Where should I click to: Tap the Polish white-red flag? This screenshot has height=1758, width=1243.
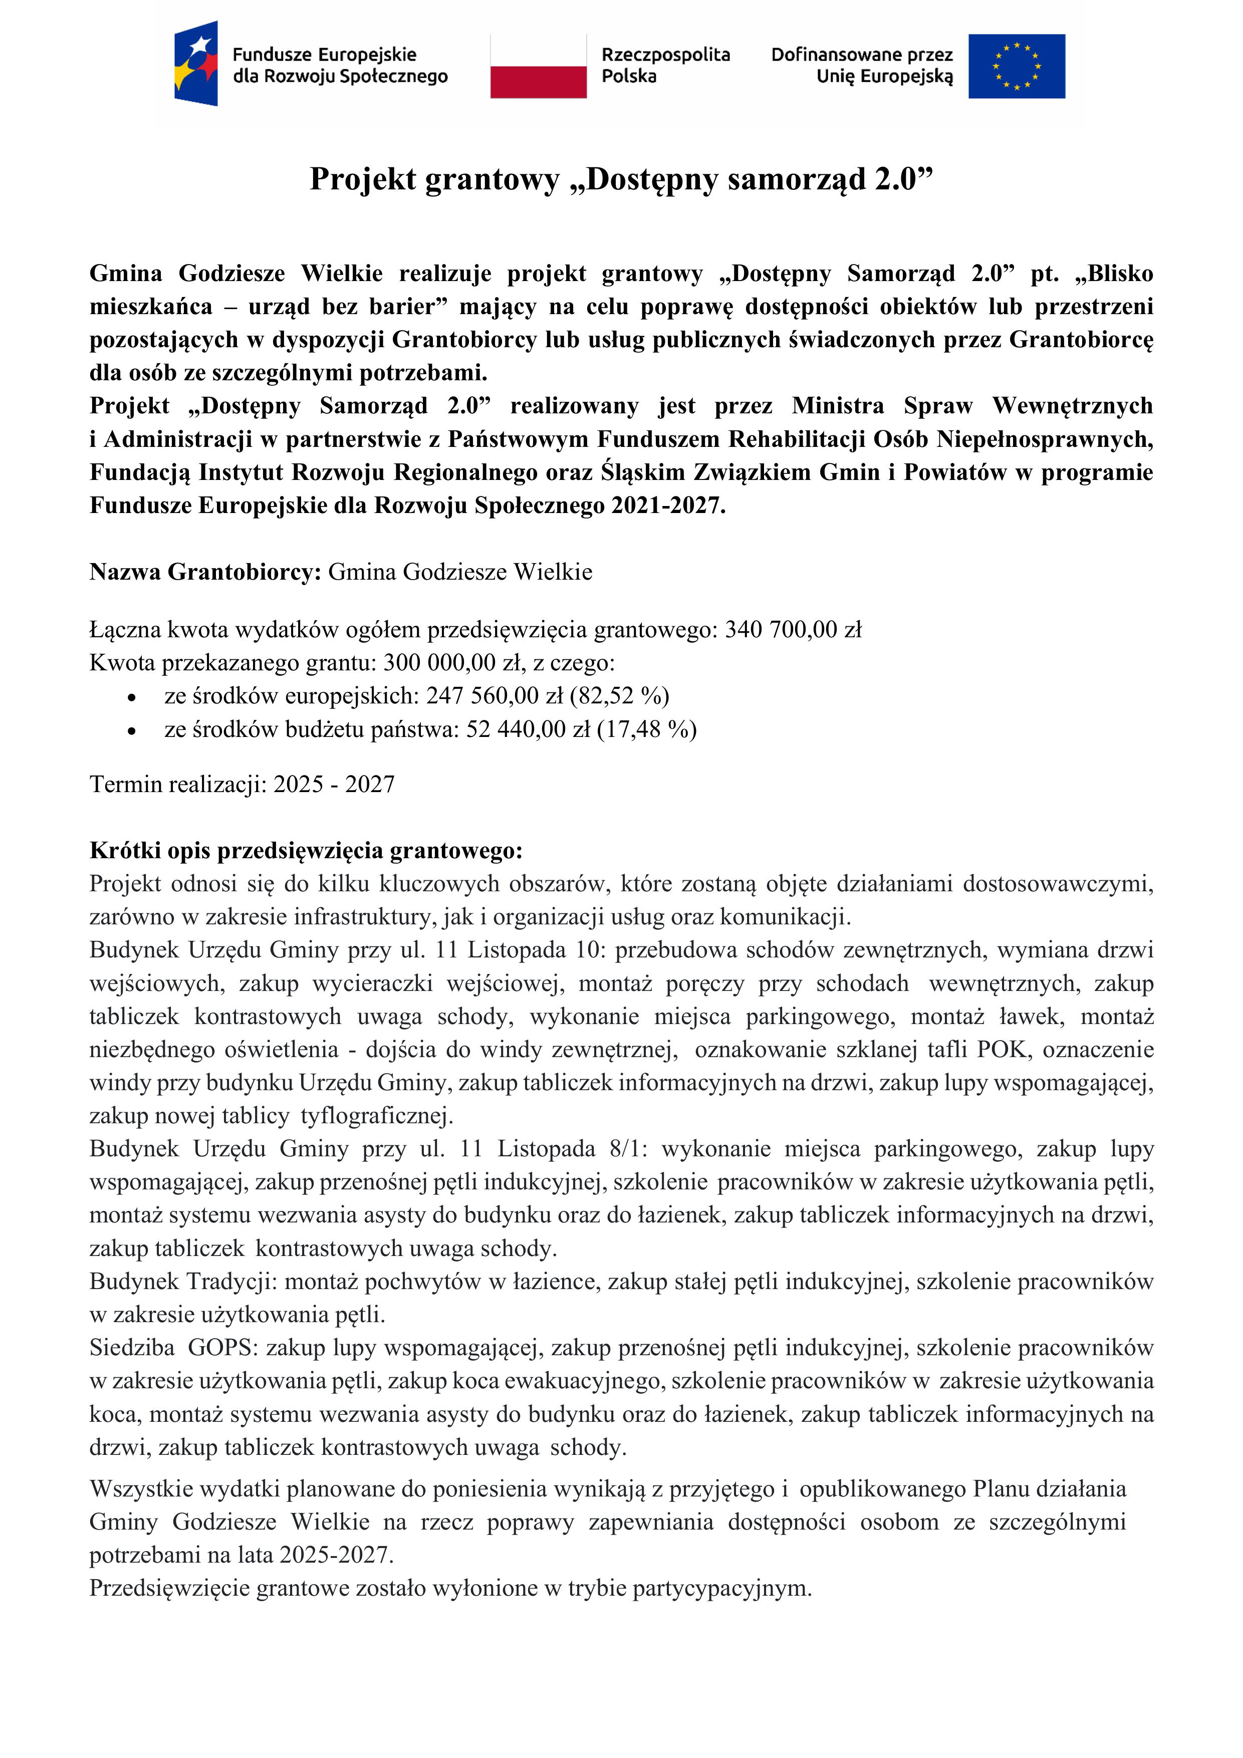[x=539, y=66]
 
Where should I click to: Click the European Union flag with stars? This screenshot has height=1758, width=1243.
[x=1017, y=66]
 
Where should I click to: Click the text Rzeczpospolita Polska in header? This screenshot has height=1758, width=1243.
[x=665, y=65]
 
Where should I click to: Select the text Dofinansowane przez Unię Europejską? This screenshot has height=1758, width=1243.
[x=862, y=65]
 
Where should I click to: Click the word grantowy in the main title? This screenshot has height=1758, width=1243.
[x=491, y=179]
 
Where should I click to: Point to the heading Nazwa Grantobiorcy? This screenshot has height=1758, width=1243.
[x=205, y=572]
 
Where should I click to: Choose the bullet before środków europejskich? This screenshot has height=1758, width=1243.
[x=132, y=697]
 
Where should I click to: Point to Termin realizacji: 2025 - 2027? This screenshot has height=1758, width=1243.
[x=242, y=784]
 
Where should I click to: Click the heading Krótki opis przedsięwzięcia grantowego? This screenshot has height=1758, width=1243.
[x=306, y=851]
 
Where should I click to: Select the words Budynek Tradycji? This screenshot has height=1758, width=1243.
[x=184, y=1281]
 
